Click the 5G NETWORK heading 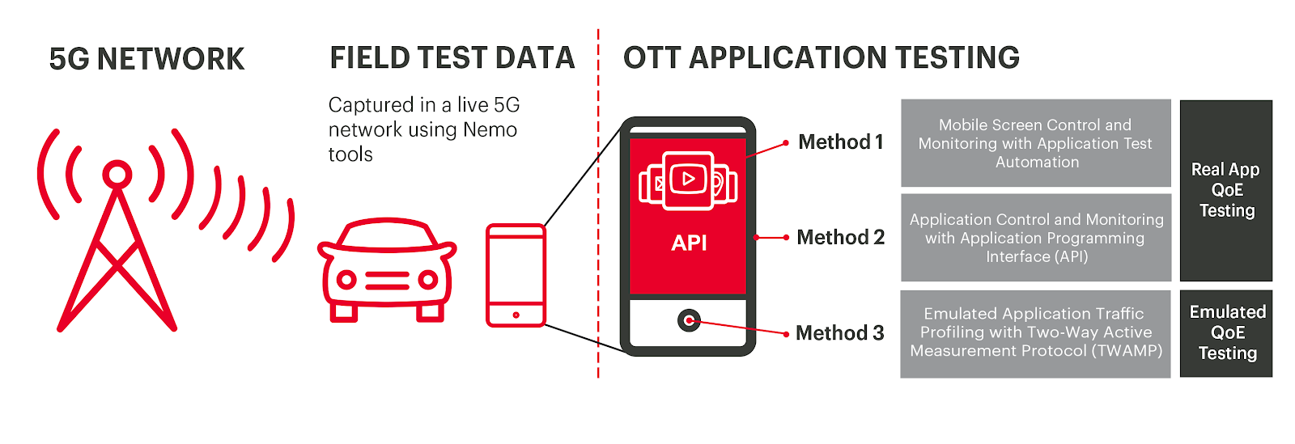[x=146, y=59]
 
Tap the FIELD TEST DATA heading [x=452, y=57]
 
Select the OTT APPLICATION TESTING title [x=822, y=57]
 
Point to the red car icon [x=387, y=269]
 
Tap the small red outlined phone [x=516, y=276]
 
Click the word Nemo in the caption [x=490, y=130]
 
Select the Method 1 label [x=841, y=142]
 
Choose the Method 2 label [x=841, y=237]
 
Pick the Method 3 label [x=840, y=333]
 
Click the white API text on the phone [x=689, y=243]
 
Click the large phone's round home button [x=689, y=320]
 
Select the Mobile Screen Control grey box [x=1036, y=143]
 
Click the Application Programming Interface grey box [x=1036, y=237]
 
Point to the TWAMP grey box [x=1035, y=334]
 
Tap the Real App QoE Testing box [x=1226, y=191]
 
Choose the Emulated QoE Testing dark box [x=1226, y=333]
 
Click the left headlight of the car [x=346, y=280]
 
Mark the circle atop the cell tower [x=117, y=174]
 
